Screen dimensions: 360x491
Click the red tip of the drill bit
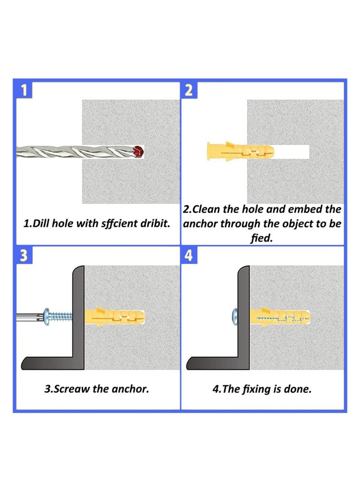(x=138, y=152)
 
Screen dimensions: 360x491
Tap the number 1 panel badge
(x=24, y=90)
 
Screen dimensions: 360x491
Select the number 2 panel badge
(x=189, y=90)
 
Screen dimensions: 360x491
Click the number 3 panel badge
(x=24, y=255)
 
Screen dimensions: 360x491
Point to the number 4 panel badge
(x=189, y=255)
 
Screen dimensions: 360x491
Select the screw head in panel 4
(x=235, y=317)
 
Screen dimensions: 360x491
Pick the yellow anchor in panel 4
(x=280, y=317)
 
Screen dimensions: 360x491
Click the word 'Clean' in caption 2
(x=206, y=209)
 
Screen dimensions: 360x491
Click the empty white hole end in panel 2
(x=292, y=152)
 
